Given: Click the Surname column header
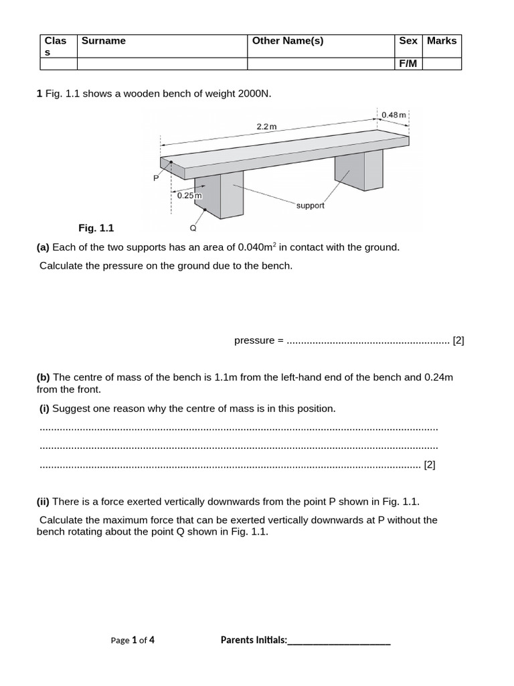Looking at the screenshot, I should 104,41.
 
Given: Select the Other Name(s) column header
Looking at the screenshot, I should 288,41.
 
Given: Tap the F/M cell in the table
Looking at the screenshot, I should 408,64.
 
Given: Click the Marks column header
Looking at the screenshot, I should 442,41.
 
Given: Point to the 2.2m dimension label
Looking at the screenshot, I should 266,126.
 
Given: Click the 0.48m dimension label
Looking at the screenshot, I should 394,115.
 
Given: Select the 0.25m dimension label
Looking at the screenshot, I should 189,195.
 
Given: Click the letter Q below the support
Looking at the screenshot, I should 193,228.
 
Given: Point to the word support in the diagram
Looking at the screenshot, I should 310,206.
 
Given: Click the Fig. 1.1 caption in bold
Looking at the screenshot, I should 96,228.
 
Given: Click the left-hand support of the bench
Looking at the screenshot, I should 224,194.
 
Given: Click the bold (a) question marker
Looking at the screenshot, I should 43,247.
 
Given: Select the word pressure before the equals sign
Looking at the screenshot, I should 254,340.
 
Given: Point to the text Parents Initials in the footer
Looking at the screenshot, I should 254,640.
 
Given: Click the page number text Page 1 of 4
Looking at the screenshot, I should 133,640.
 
